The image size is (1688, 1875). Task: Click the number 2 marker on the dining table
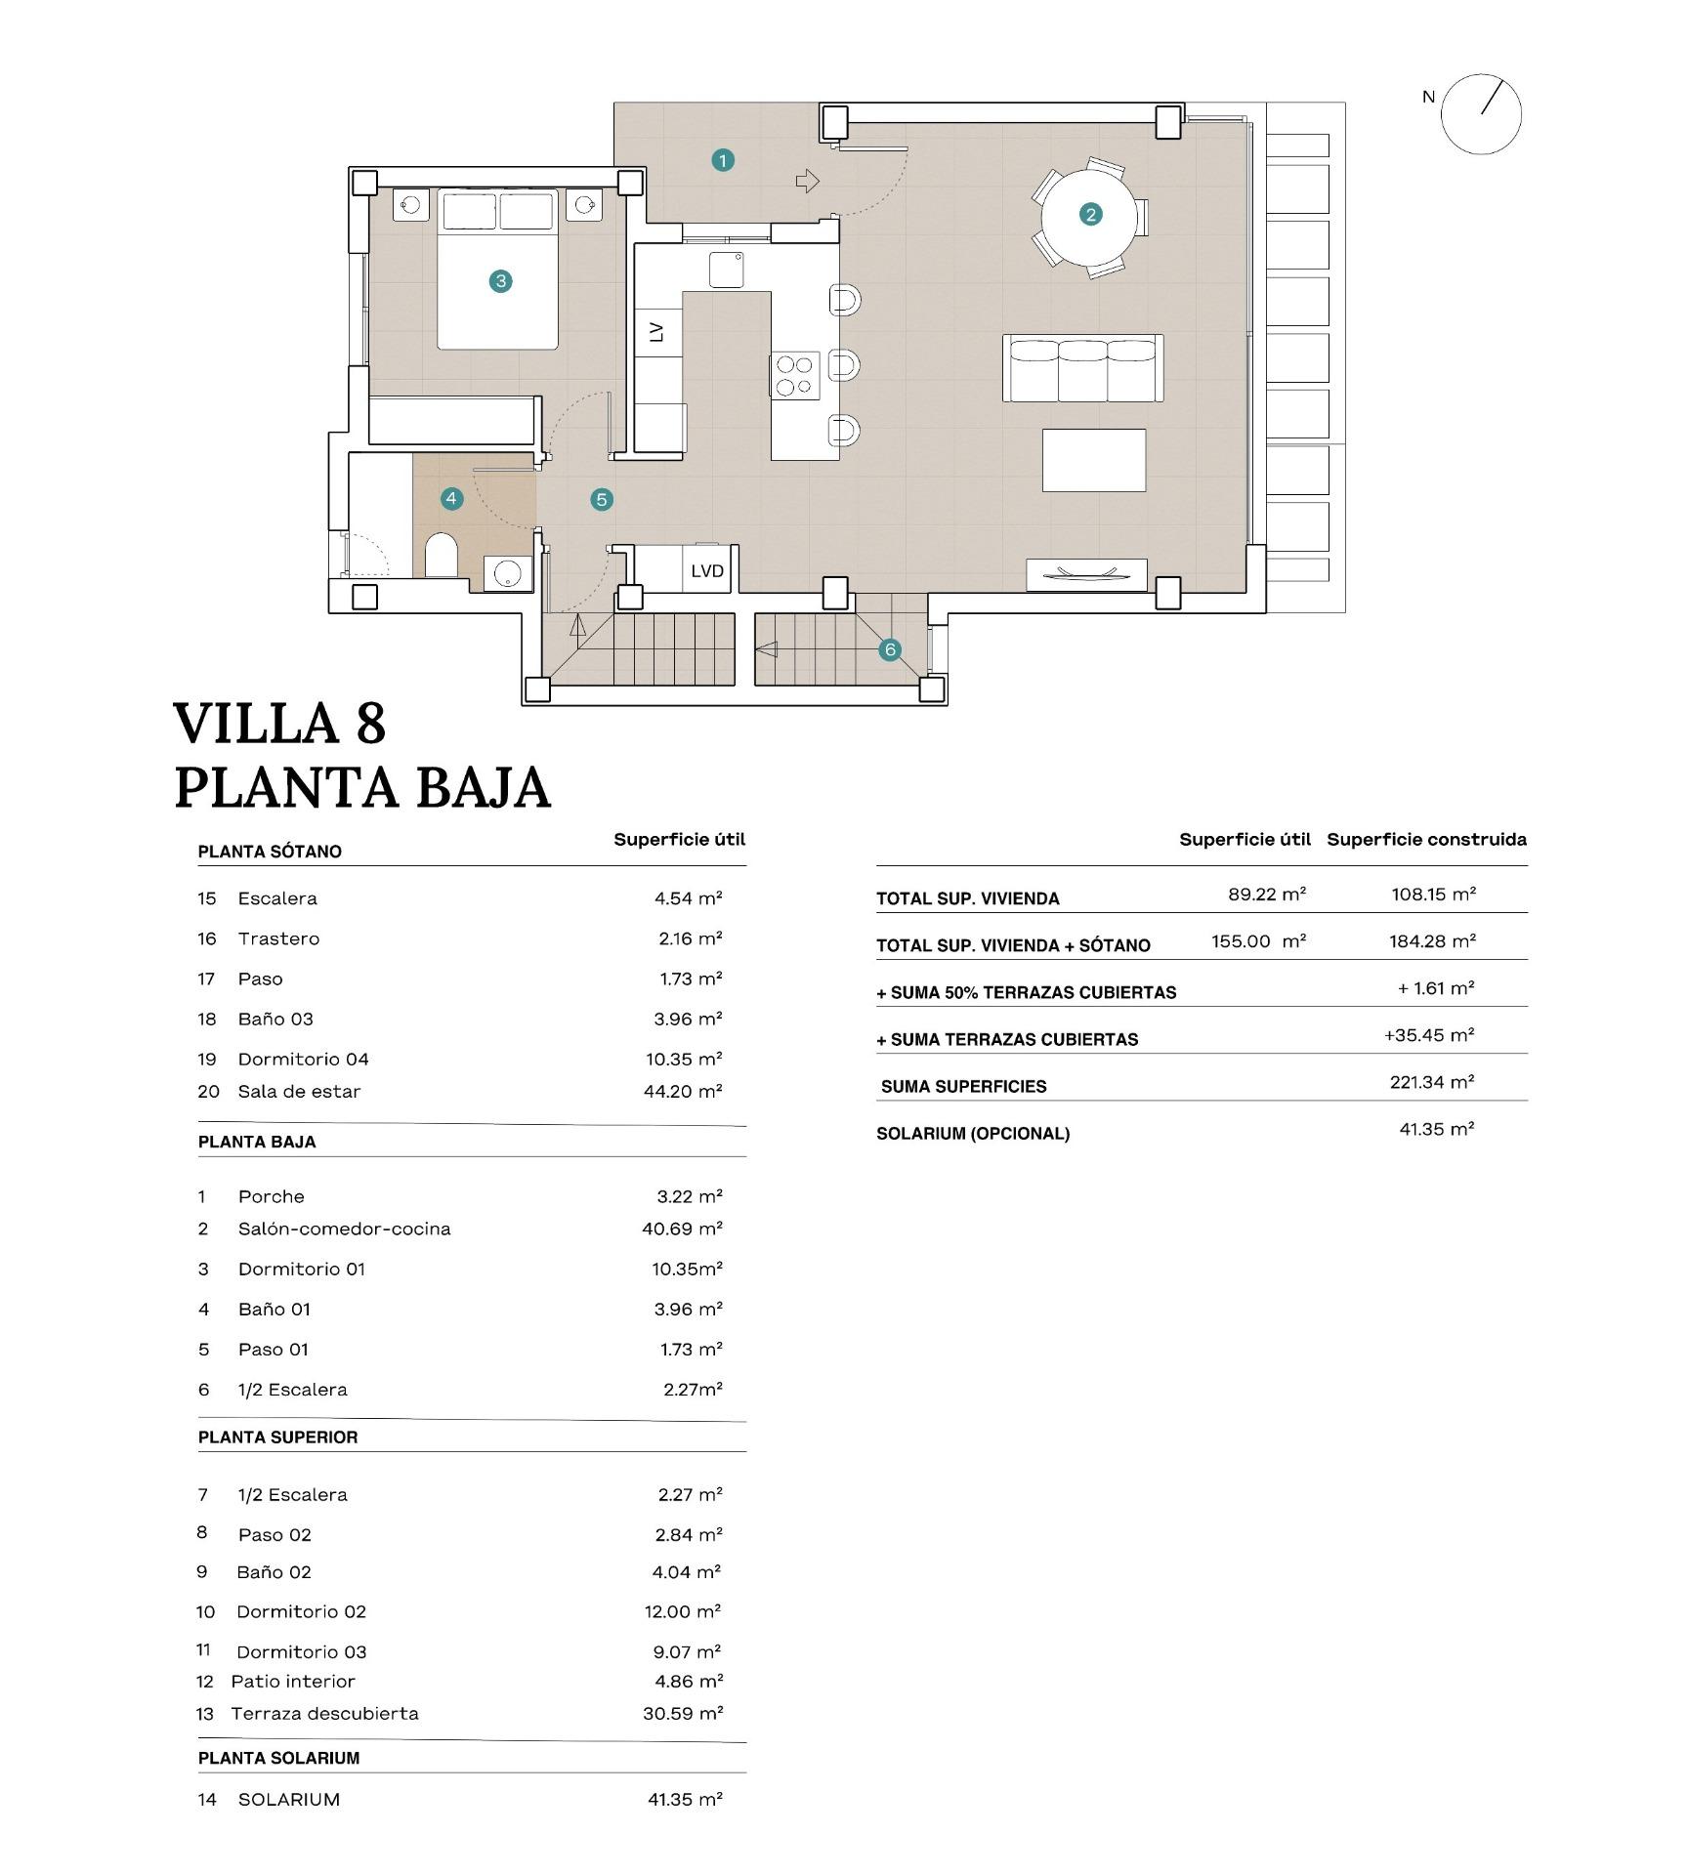(x=1090, y=214)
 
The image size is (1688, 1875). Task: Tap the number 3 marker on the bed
(x=500, y=281)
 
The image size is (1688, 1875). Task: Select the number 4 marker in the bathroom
(x=450, y=499)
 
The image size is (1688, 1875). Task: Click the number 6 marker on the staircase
(x=889, y=649)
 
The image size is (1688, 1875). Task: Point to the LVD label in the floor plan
(x=707, y=571)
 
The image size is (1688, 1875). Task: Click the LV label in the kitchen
(x=656, y=332)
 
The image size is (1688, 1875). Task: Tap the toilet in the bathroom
(x=441, y=556)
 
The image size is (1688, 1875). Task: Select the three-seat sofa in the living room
(x=1082, y=368)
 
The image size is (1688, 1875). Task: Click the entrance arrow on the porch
(x=807, y=181)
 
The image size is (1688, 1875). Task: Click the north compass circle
(x=1481, y=114)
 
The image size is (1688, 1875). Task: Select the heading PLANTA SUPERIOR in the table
(x=277, y=1437)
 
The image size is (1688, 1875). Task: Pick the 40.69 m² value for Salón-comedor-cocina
(x=682, y=1229)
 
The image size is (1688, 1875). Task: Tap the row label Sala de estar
(x=299, y=1092)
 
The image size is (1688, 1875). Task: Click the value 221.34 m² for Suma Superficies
(x=1431, y=1082)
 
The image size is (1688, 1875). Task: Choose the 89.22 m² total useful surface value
(x=1266, y=894)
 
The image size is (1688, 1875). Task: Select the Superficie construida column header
(x=1425, y=839)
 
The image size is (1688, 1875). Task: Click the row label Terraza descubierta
(x=324, y=1714)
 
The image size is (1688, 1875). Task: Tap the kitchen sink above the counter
(x=726, y=270)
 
